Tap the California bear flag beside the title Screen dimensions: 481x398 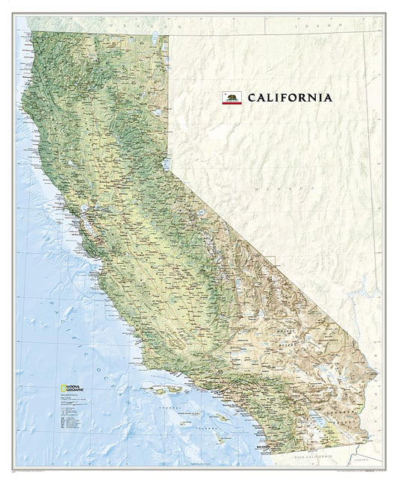pos(231,97)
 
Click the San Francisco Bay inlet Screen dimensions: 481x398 pos(90,217)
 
